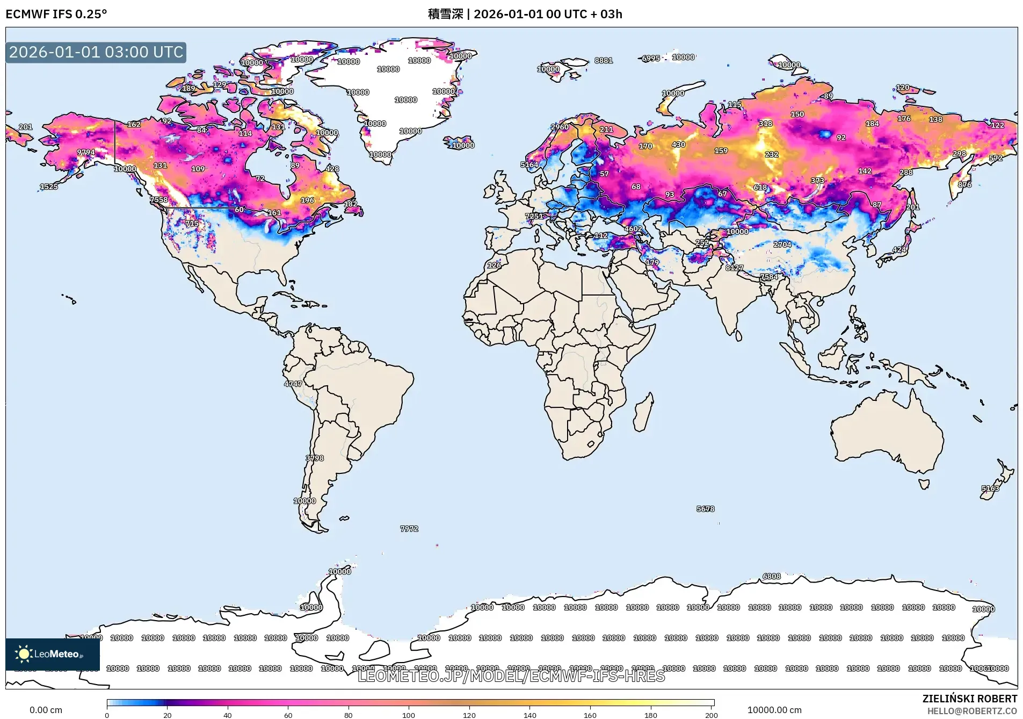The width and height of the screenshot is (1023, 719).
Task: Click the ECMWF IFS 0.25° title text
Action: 56,14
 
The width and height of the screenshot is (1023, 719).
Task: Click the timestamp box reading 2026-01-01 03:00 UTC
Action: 96,52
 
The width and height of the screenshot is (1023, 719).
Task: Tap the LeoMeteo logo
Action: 52,654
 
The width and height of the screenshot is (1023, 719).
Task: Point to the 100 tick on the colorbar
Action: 409,715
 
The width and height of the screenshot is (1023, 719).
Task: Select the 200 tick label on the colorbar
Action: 711,715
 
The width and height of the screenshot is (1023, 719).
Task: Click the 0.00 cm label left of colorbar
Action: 46,710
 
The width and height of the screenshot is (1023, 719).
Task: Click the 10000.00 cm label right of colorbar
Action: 774,710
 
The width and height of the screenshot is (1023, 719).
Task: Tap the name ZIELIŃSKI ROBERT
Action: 969,699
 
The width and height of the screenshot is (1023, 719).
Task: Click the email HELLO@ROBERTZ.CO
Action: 971,711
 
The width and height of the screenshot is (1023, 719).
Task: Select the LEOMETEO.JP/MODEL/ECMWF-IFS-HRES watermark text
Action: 511,676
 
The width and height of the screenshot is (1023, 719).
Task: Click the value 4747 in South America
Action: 293,384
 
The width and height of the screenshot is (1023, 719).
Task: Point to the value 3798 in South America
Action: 315,458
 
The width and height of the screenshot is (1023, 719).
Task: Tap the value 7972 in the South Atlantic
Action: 409,529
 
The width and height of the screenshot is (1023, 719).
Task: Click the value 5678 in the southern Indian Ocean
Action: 705,508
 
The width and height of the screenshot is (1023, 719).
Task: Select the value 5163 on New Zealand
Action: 990,488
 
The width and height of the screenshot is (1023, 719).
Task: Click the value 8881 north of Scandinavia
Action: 604,61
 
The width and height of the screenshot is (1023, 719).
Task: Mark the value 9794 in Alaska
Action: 86,153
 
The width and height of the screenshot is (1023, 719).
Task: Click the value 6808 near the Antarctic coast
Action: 772,577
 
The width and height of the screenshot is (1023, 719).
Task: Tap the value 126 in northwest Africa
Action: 494,265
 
